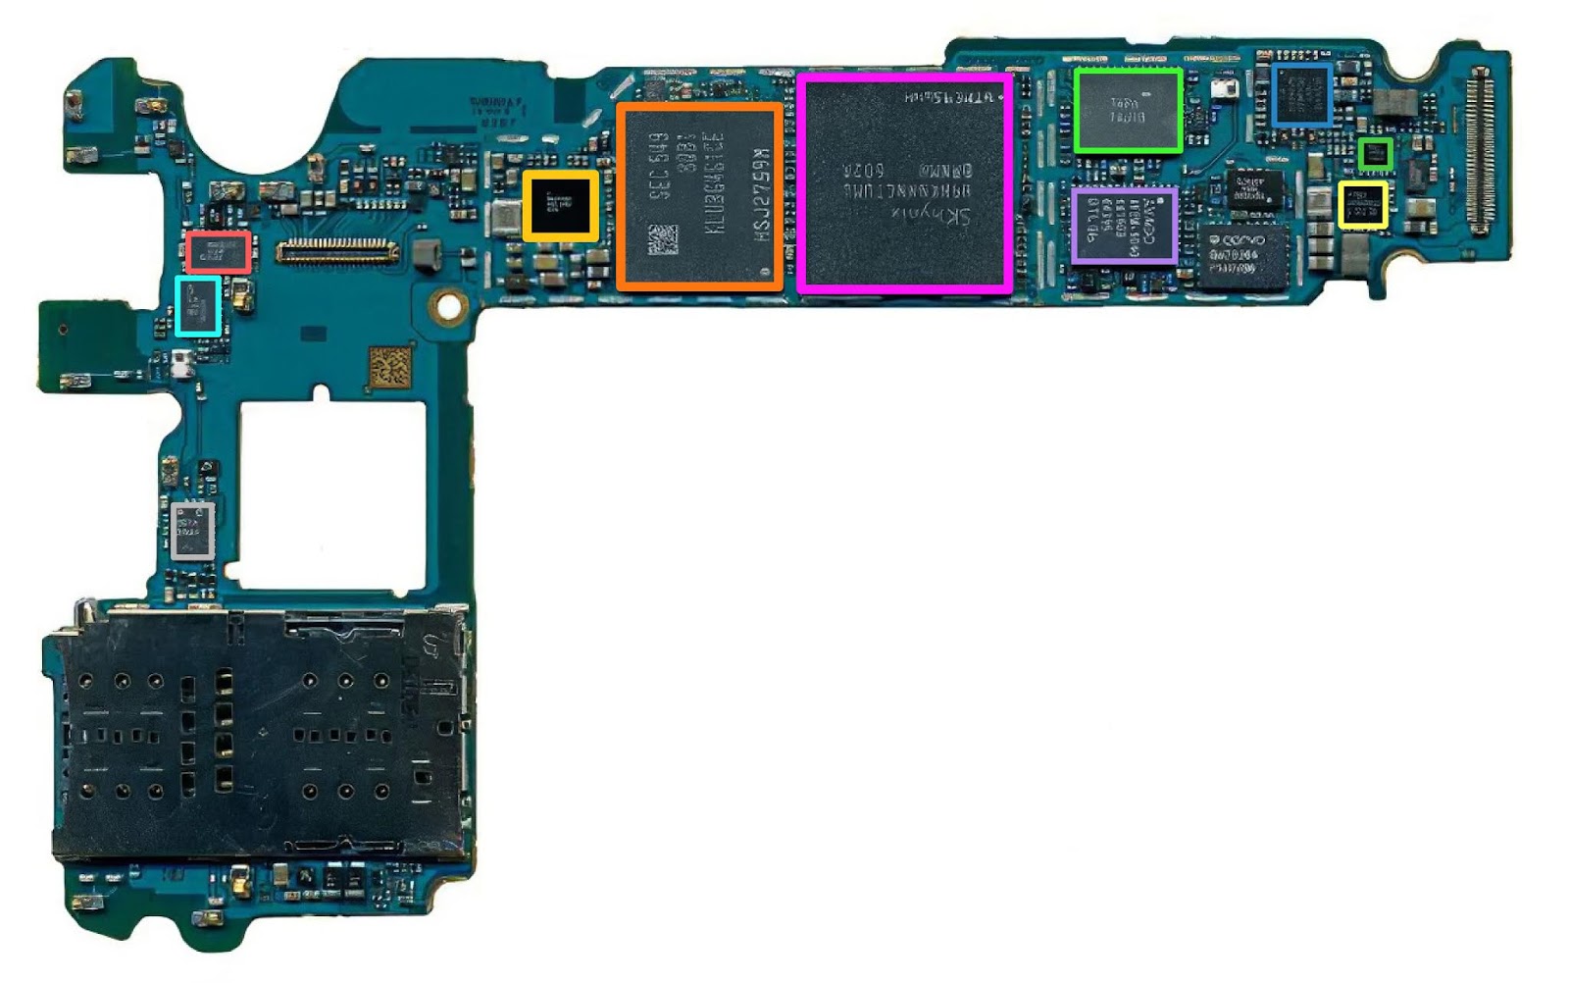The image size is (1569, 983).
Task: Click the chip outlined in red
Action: click(x=218, y=252)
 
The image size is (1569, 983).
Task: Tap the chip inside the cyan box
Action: click(x=198, y=307)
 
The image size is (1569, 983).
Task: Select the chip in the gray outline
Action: click(x=193, y=531)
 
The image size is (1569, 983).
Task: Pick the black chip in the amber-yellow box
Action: click(x=560, y=206)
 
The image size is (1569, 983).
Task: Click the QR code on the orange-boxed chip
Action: click(x=663, y=239)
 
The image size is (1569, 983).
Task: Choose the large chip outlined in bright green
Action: click(x=1127, y=110)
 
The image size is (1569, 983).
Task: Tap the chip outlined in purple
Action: click(x=1124, y=226)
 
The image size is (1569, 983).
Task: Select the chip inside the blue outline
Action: click(x=1301, y=94)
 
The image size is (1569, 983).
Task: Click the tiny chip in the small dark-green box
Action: click(x=1376, y=153)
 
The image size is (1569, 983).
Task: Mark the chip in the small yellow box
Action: click(x=1363, y=206)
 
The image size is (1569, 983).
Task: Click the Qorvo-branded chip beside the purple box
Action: click(x=1240, y=257)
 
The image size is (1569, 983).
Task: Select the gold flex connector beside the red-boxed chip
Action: click(x=338, y=251)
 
